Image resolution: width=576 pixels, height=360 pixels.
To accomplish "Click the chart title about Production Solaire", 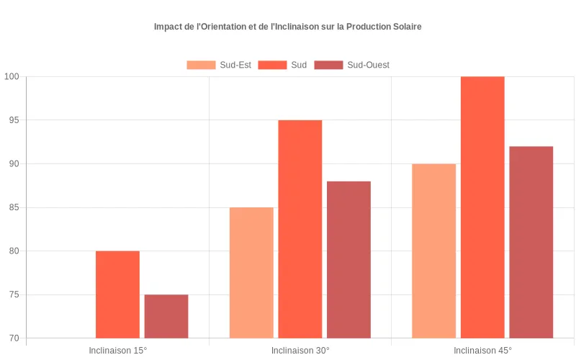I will [287, 27].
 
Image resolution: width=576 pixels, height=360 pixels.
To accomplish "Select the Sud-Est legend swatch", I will [201, 65].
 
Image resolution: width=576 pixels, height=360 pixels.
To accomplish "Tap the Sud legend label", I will [299, 65].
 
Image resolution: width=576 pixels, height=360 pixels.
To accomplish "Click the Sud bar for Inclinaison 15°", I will [117, 294].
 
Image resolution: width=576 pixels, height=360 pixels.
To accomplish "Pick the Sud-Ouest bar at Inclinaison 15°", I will [166, 316].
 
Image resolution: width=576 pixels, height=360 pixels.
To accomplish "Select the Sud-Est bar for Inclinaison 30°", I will [251, 273].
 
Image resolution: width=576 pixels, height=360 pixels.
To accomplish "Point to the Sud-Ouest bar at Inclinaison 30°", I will [349, 260].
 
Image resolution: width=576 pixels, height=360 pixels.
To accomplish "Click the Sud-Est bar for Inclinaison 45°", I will [434, 251].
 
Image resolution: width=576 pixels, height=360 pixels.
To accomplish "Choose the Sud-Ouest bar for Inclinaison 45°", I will [531, 243].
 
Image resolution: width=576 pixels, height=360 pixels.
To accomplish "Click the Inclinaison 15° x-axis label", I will [117, 351].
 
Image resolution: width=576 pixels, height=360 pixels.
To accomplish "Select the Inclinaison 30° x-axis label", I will [300, 351].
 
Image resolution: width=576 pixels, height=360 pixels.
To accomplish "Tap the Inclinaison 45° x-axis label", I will [482, 351].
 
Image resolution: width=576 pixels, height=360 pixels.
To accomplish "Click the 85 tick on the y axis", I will [14, 207].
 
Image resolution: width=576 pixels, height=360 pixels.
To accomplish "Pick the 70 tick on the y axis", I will [14, 338].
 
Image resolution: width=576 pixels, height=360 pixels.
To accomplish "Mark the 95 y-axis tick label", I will [14, 120].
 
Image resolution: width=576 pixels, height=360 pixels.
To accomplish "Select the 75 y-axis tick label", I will [14, 294].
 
